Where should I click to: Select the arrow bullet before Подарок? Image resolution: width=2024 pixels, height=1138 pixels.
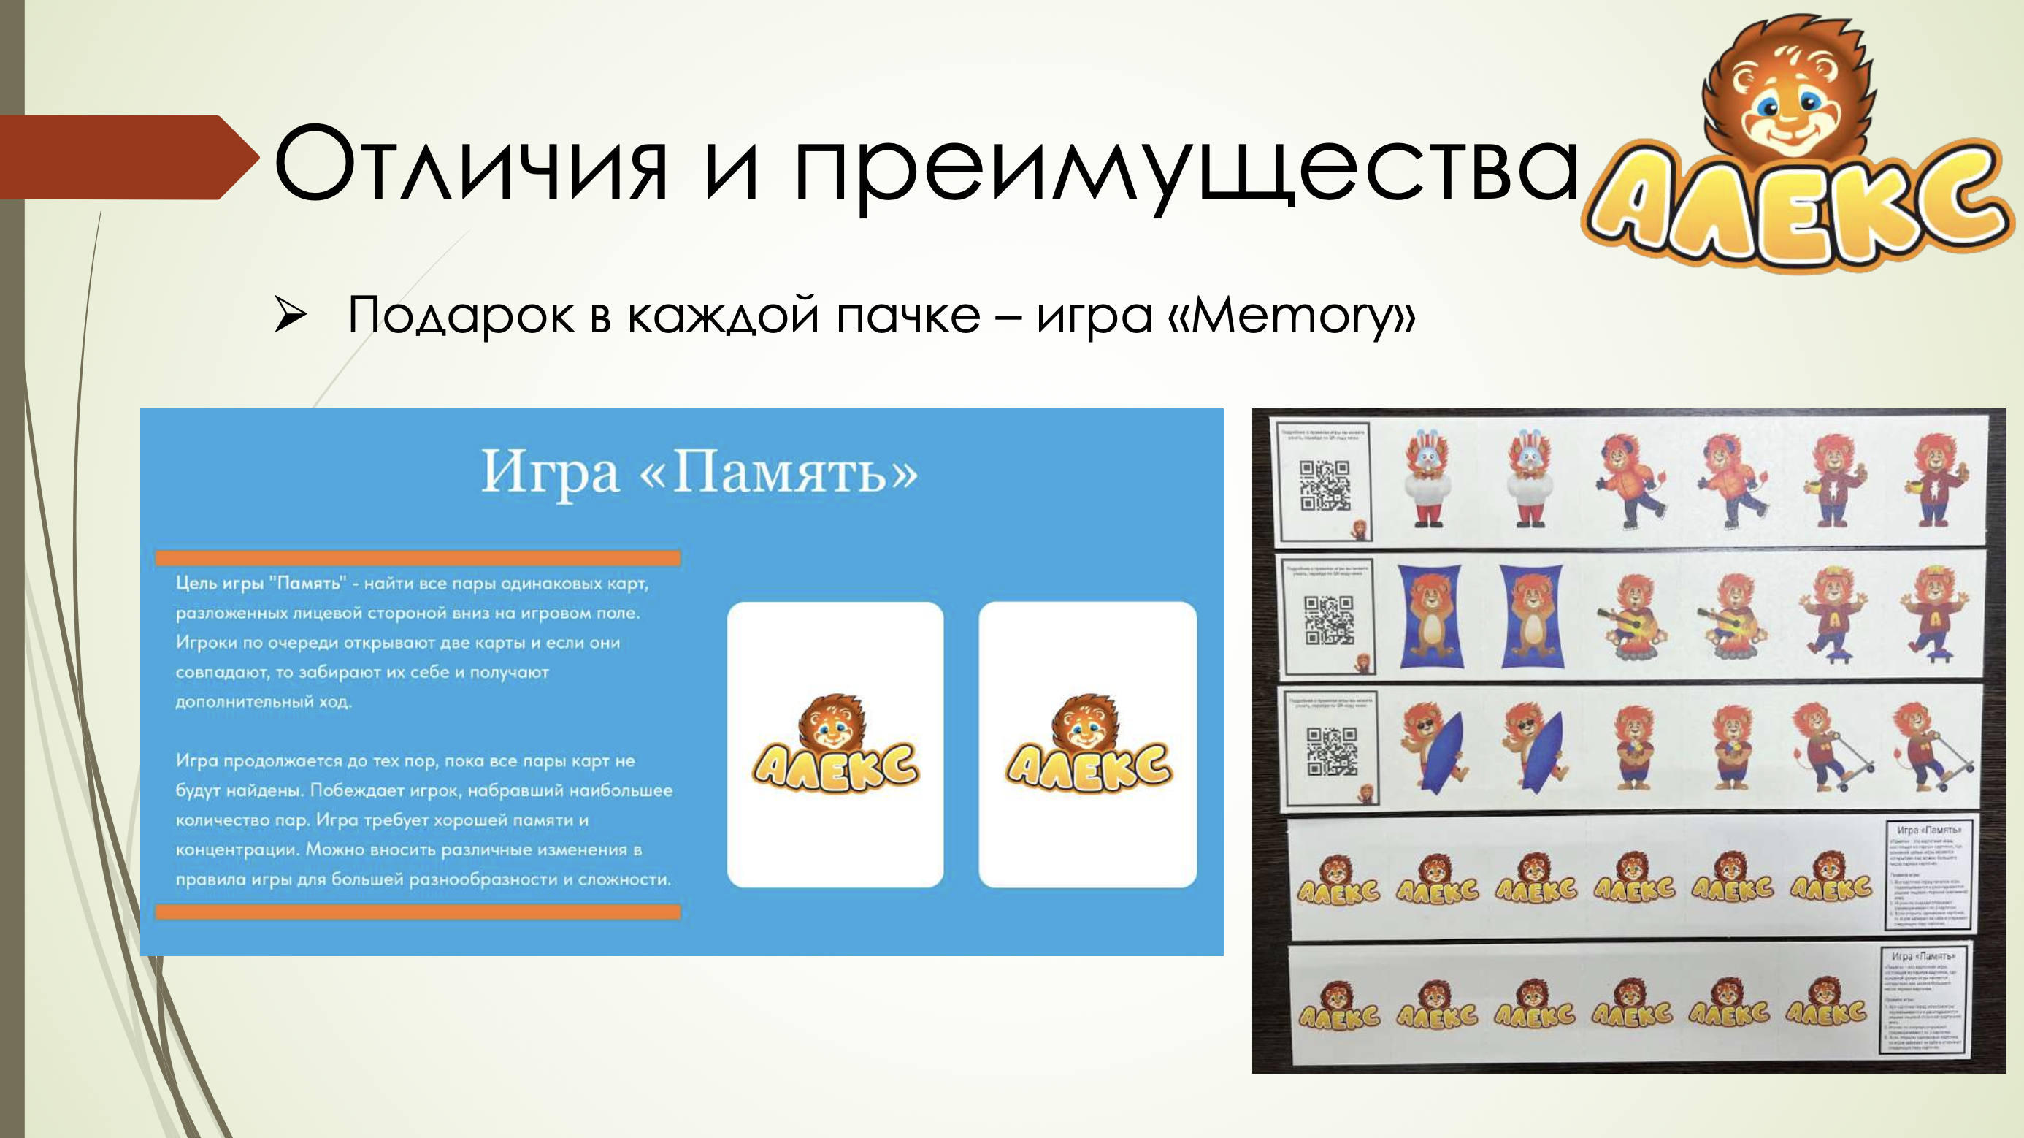click(290, 316)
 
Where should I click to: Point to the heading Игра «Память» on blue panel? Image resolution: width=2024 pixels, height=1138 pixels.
click(699, 472)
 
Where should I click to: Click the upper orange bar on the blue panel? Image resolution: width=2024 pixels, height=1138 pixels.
click(417, 558)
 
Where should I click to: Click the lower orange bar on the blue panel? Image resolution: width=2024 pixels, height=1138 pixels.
click(417, 912)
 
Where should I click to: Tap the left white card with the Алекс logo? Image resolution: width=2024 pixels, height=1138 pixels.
click(835, 744)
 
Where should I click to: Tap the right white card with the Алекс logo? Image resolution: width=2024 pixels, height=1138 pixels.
click(1087, 744)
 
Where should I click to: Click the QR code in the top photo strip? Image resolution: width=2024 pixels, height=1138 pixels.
click(1324, 485)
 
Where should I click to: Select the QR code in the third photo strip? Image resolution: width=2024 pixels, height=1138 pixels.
click(1331, 751)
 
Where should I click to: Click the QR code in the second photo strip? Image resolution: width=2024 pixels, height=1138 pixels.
click(1329, 619)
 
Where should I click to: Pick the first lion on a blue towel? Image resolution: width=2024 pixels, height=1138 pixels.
click(1430, 617)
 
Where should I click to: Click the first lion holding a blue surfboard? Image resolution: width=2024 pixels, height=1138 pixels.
click(1434, 751)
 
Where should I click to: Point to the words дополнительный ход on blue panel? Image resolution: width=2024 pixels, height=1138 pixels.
click(263, 701)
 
